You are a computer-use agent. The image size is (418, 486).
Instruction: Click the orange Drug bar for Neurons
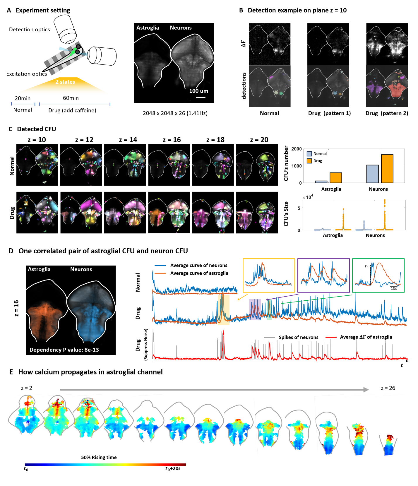[x=387, y=169]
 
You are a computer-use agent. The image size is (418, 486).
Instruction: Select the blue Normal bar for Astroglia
[x=321, y=182]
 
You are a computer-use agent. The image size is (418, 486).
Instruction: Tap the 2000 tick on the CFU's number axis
[x=297, y=149]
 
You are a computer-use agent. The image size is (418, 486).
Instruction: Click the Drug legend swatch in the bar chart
[x=309, y=161]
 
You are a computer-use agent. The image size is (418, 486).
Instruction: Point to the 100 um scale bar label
[x=199, y=91]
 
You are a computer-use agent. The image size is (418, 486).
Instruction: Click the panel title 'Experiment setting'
[x=43, y=10]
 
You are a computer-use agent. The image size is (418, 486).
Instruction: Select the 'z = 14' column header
[x=128, y=140]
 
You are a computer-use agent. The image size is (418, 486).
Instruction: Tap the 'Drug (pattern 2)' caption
[x=387, y=113]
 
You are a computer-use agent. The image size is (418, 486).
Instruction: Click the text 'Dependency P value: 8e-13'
[x=64, y=350]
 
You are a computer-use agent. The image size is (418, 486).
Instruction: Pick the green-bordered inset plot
[x=378, y=275]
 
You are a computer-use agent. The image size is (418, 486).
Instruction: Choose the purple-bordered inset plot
[x=323, y=275]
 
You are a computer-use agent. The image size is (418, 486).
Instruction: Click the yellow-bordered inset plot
[x=269, y=275]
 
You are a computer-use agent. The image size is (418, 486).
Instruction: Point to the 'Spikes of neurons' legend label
[x=298, y=337]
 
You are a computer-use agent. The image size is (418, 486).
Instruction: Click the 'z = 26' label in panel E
[x=388, y=388]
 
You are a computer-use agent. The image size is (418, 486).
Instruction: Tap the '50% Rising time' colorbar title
[x=99, y=457]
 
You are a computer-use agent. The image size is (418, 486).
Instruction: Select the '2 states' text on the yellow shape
[x=65, y=82]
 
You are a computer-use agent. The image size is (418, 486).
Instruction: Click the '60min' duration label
[x=71, y=98]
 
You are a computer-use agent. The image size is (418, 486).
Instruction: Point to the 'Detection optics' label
[x=29, y=30]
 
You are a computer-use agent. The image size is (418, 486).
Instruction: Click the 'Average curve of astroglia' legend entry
[x=199, y=273]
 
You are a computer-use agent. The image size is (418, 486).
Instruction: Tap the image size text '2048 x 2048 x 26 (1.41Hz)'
[x=175, y=113]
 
